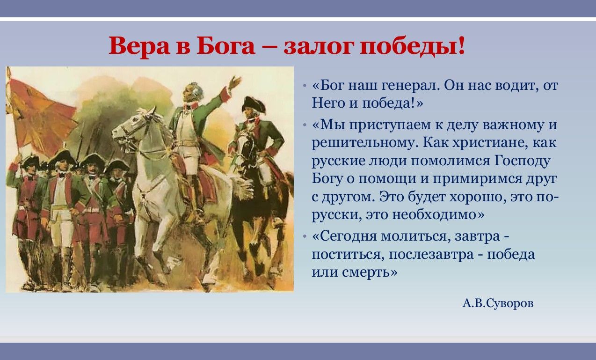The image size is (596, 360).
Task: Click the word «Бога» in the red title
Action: [225, 46]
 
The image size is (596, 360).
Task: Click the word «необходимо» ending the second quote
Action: [434, 214]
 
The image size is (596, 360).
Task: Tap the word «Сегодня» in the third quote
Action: [349, 236]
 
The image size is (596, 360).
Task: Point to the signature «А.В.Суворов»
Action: [498, 303]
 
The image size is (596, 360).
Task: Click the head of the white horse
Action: [131, 127]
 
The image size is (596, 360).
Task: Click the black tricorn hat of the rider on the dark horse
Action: [253, 104]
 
